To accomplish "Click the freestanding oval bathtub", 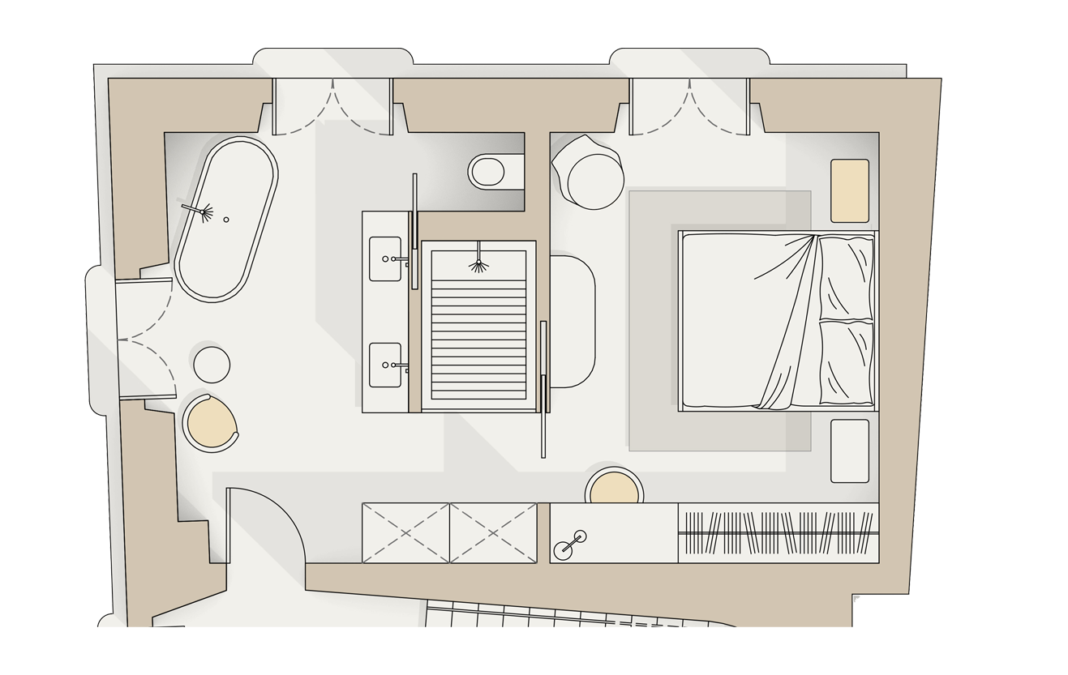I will coord(227,219).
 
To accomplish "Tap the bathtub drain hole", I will coord(226,220).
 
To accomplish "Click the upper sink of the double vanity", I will coord(385,258).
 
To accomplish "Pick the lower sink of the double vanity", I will coord(385,365).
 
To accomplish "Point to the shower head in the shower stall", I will coord(479,264).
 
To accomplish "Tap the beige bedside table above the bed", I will coord(850,190).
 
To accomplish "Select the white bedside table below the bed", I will coord(850,451).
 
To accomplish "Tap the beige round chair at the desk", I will coord(613,489).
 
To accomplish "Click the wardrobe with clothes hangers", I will coord(778,532).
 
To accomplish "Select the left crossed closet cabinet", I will coord(405,532).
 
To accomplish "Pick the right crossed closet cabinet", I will coord(493,532).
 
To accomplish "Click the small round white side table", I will coord(212,364).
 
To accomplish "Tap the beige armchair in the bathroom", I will coord(210,421).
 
